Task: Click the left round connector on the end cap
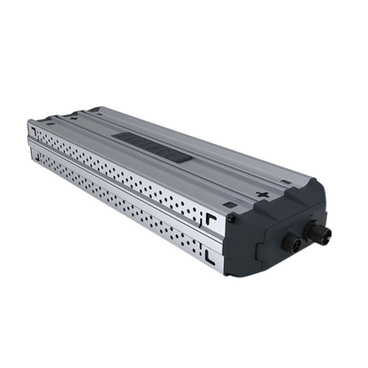point(289,240)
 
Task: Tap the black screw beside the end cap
point(229,206)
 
